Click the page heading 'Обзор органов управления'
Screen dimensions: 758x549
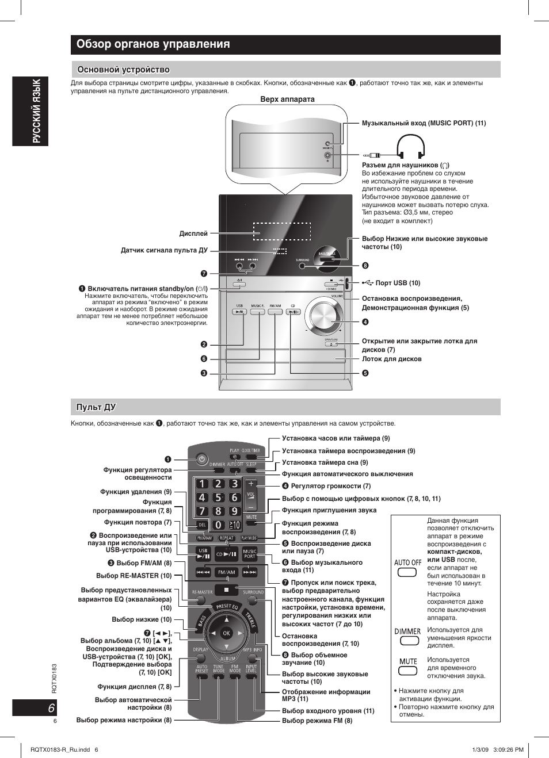pyautogui.click(x=153, y=44)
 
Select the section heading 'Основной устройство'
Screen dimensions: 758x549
pyautogui.click(x=123, y=70)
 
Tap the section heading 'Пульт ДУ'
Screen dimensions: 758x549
pyautogui.click(x=96, y=407)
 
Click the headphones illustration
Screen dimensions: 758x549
pyautogui.click(x=411, y=147)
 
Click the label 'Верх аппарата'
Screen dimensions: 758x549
pyautogui.click(x=287, y=99)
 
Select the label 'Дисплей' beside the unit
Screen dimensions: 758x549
pyautogui.click(x=193, y=233)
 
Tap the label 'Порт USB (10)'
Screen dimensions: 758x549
pyautogui.click(x=398, y=283)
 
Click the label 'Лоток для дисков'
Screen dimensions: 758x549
pyautogui.click(x=391, y=359)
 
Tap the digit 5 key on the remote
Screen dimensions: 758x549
pyautogui.click(x=218, y=497)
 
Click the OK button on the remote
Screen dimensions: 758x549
pyautogui.click(x=226, y=633)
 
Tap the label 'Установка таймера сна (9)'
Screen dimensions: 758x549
pyautogui.click(x=325, y=462)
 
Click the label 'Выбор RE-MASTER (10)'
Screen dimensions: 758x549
pyautogui.click(x=134, y=576)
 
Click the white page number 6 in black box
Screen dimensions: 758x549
pyautogui.click(x=51, y=708)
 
